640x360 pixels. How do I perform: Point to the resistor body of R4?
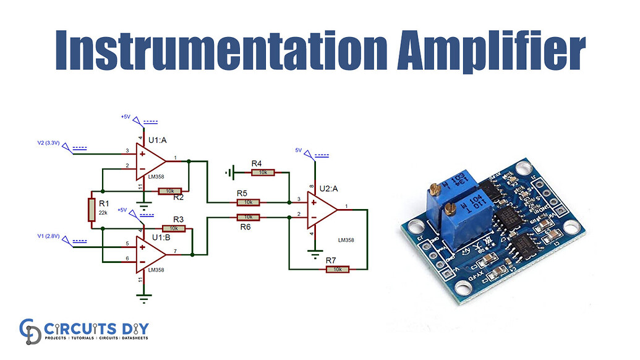click(263, 173)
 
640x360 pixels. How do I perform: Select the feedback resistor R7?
click(337, 269)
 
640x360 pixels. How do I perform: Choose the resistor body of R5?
click(247, 202)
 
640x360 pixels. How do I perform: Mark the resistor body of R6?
click(247, 217)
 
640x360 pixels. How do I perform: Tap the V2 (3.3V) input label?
click(49, 143)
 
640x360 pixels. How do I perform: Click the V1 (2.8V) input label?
click(49, 236)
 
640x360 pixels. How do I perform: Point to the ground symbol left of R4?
click(231, 173)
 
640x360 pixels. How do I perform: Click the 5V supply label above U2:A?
click(298, 150)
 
